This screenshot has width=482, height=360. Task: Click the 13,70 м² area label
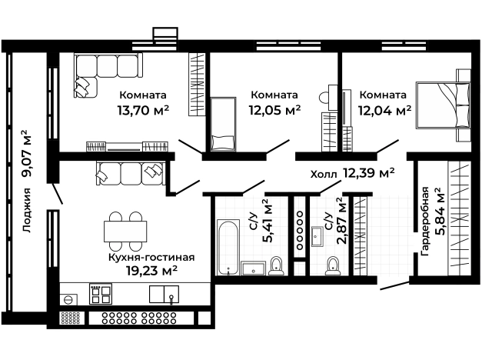pos(143,109)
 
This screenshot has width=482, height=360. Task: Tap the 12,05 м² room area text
pos(274,109)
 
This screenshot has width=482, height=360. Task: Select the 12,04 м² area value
pos(384,109)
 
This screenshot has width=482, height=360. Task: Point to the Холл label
pos(324,175)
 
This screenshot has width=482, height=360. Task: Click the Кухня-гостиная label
pos(151,257)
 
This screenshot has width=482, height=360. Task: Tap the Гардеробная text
pos(425,221)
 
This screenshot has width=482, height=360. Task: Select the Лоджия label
pos(27,210)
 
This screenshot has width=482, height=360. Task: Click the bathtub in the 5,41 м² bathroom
pos(228,247)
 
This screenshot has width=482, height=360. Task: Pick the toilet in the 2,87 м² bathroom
pos(333,266)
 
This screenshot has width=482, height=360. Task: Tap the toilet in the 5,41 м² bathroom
pos(276,266)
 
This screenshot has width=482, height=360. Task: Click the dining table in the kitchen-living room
pos(125,232)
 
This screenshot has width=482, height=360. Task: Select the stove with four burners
pos(101,294)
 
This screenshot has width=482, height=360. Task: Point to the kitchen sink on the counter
pos(164,294)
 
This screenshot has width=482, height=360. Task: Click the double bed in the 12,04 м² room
pos(443,105)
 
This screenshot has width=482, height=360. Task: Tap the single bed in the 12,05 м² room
pos(224,125)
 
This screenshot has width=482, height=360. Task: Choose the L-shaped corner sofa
pos(108,75)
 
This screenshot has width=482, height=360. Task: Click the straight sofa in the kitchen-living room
pos(131,173)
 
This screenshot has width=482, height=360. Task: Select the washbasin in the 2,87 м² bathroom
pos(317,236)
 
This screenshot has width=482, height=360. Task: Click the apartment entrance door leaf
pos(395,285)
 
